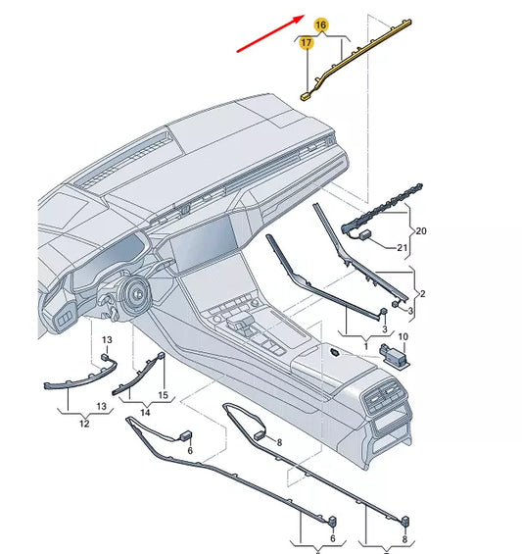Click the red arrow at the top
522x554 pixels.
(x=270, y=33)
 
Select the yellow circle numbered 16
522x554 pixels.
(x=321, y=25)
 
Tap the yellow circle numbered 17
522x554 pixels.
(x=306, y=43)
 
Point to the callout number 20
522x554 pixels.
(x=421, y=231)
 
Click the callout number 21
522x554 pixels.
(x=403, y=248)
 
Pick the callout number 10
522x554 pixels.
(x=403, y=336)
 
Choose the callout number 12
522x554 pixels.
(x=84, y=424)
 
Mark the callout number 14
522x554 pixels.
(x=145, y=412)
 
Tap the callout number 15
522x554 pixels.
(x=163, y=395)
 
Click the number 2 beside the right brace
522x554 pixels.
(x=422, y=293)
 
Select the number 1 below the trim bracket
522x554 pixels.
(x=366, y=346)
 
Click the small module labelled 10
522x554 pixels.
(x=394, y=355)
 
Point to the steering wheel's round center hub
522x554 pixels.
(x=138, y=292)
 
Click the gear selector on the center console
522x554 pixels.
(x=239, y=323)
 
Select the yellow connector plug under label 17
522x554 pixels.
(x=306, y=96)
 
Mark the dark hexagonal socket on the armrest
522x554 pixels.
(x=335, y=352)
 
